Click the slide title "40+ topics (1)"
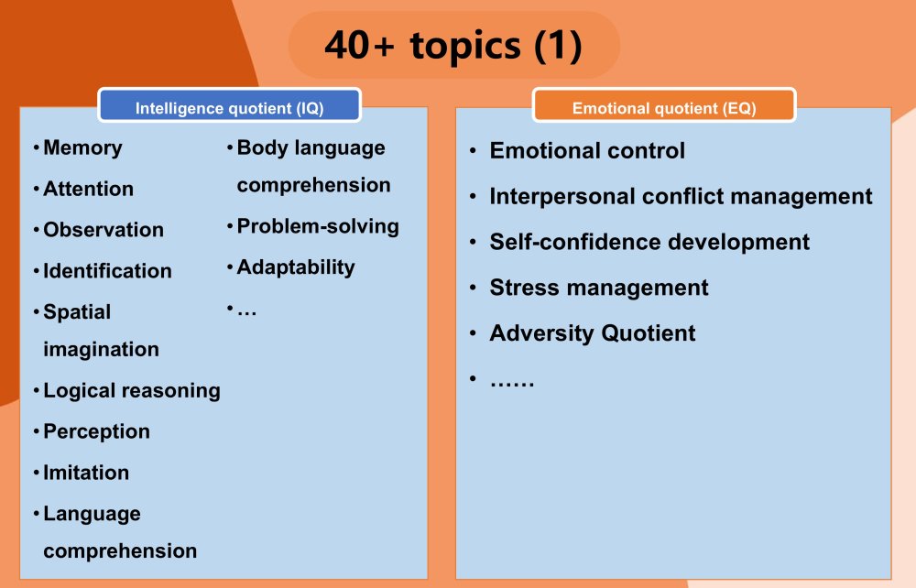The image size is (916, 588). point(453,46)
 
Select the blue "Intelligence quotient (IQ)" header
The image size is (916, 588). point(230,105)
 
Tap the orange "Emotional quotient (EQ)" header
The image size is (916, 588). point(664,105)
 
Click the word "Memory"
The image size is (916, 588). point(83,147)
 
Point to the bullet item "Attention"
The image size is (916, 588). point(88,189)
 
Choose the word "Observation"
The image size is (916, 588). point(104,230)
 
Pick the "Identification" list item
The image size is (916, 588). point(107,270)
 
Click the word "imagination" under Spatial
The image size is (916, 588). point(101,349)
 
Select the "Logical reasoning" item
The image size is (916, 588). point(132,391)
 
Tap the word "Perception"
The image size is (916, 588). point(97,431)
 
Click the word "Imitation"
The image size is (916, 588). point(86,473)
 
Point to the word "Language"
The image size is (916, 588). point(93,514)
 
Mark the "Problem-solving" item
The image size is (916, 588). point(318,226)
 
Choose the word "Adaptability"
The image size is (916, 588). point(296,267)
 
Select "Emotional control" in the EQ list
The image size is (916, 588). point(587,150)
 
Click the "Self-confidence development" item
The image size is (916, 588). point(649,242)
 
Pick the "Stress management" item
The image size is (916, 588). point(599,288)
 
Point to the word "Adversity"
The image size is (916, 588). point(542,332)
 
